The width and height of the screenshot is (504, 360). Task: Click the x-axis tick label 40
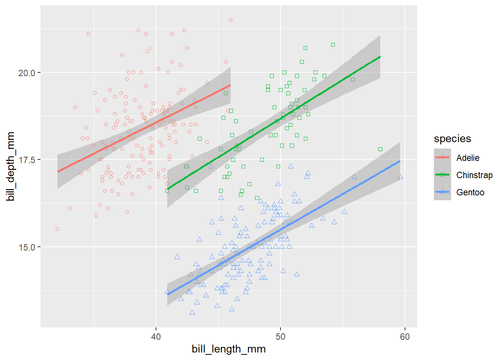pyautogui.click(x=156, y=337)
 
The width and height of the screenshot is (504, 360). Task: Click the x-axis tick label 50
pyautogui.click(x=280, y=337)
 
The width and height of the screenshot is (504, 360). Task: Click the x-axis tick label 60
pyautogui.click(x=405, y=337)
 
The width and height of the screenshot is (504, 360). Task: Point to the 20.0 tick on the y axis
pyautogui.click(x=27, y=73)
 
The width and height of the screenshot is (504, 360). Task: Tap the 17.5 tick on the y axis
pyautogui.click(x=27, y=160)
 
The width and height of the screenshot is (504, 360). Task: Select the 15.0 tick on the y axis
pyautogui.click(x=27, y=247)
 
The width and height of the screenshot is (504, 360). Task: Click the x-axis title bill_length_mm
pyautogui.click(x=228, y=349)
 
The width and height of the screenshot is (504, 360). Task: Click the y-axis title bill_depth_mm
pyautogui.click(x=10, y=166)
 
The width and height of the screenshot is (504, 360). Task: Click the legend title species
pyautogui.click(x=452, y=139)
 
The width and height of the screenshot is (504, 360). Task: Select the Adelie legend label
pyautogui.click(x=468, y=158)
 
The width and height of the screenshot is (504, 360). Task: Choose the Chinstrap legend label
pyautogui.click(x=474, y=175)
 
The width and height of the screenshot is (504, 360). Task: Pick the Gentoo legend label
pyautogui.click(x=470, y=192)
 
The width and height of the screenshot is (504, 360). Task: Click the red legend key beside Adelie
pyautogui.click(x=442, y=157)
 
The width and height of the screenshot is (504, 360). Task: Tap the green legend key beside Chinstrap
pyautogui.click(x=442, y=175)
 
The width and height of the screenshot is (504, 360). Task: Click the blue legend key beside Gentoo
pyautogui.click(x=442, y=192)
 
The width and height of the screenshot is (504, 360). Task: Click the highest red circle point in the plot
pyautogui.click(x=231, y=20)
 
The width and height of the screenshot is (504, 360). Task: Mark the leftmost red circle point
pyautogui.click(x=57, y=229)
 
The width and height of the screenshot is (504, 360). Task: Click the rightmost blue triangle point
pyautogui.click(x=400, y=177)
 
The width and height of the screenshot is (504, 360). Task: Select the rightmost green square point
pyautogui.click(x=380, y=149)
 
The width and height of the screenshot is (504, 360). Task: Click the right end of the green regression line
pyautogui.click(x=380, y=57)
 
